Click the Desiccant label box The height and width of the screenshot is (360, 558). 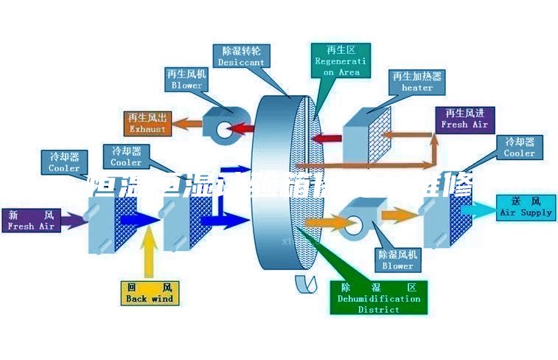[241, 56]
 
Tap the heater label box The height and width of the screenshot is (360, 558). [417, 82]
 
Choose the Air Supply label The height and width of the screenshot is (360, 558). [526, 207]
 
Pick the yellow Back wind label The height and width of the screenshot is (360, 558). [150, 292]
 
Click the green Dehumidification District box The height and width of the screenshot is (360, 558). [379, 297]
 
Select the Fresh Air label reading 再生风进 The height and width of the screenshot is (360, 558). [464, 119]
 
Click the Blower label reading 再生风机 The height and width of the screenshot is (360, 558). [186, 80]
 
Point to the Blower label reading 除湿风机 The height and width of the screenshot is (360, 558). [397, 260]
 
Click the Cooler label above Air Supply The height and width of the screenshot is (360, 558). [519, 147]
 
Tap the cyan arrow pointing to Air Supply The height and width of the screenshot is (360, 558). [479, 211]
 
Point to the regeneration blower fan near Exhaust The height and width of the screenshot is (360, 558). [226, 125]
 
